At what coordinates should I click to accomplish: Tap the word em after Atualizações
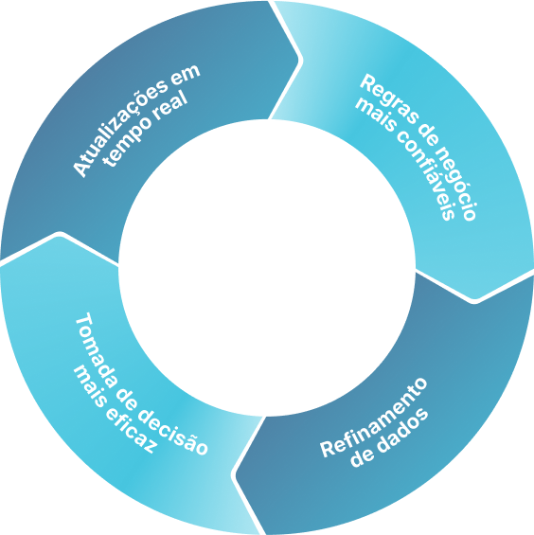185,75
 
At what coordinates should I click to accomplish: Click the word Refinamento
374,418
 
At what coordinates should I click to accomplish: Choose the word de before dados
363,457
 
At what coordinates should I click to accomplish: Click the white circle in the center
267,268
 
